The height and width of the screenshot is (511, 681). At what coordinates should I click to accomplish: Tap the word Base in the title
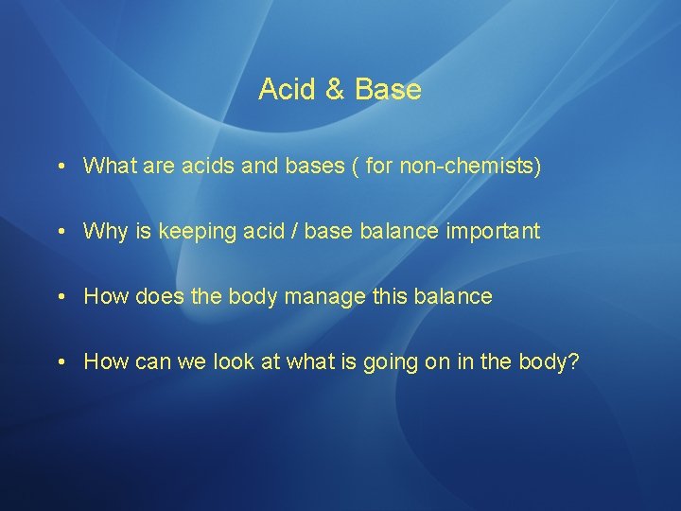[x=388, y=90]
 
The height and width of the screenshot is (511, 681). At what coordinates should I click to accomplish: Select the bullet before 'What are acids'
[x=59, y=167]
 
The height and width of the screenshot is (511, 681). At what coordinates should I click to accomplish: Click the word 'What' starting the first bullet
[x=109, y=167]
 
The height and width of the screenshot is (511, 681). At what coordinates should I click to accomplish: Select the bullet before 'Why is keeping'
[x=59, y=232]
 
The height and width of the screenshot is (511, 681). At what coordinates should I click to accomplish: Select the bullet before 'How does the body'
[x=59, y=297]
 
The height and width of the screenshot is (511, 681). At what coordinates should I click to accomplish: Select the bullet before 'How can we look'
[x=59, y=361]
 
